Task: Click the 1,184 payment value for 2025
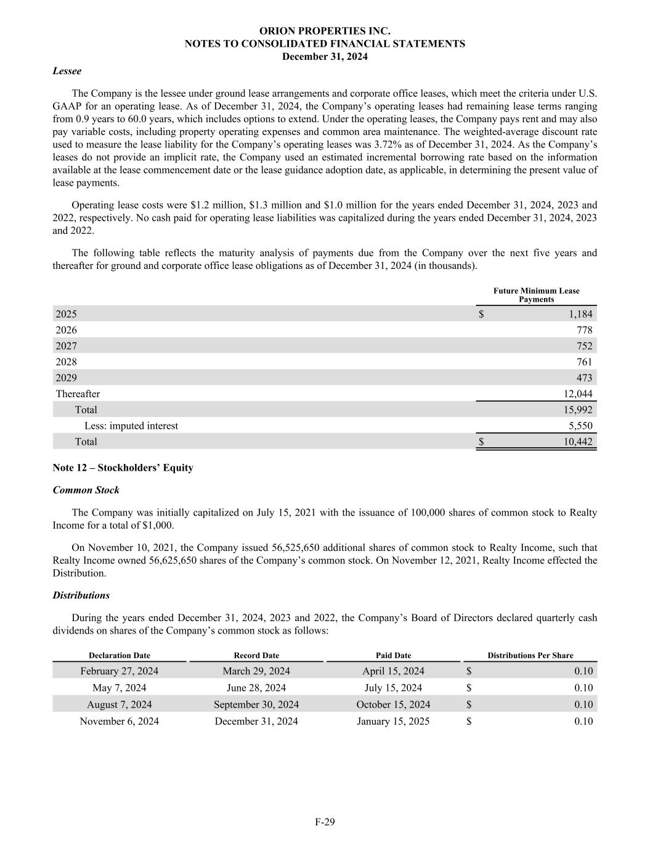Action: click(580, 314)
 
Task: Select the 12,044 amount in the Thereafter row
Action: click(578, 394)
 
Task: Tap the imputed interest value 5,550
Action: click(580, 426)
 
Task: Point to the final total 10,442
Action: click(578, 442)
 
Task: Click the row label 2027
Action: click(67, 346)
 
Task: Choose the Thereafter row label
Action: click(78, 394)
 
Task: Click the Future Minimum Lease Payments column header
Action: click(536, 295)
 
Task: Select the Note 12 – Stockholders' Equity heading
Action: click(123, 468)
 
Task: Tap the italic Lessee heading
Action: click(67, 71)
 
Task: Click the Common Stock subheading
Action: click(86, 490)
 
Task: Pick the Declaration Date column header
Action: click(119, 656)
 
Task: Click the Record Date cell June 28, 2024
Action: click(256, 688)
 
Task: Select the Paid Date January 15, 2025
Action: click(393, 721)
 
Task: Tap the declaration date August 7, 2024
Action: click(119, 704)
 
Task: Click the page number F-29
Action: click(325, 822)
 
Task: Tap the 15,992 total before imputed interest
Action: click(578, 410)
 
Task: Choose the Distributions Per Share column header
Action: click(530, 656)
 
